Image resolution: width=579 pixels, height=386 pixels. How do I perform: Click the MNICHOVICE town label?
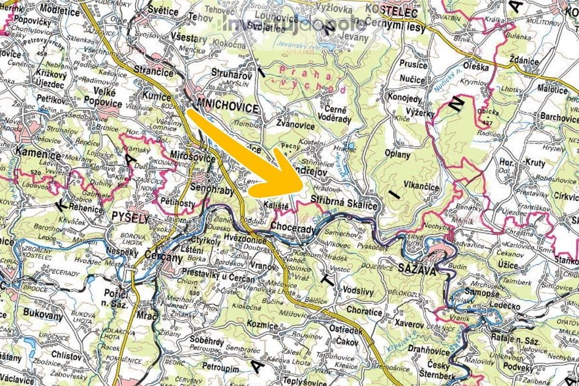(x=228, y=107)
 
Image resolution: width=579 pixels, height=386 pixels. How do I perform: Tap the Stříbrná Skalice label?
(x=344, y=205)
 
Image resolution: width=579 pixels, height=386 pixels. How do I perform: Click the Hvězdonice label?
(x=245, y=239)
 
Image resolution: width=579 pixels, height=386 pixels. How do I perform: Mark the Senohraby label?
(x=212, y=190)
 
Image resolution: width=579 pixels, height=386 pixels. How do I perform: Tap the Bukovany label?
(x=43, y=317)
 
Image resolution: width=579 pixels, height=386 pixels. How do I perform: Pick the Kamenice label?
(x=39, y=156)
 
